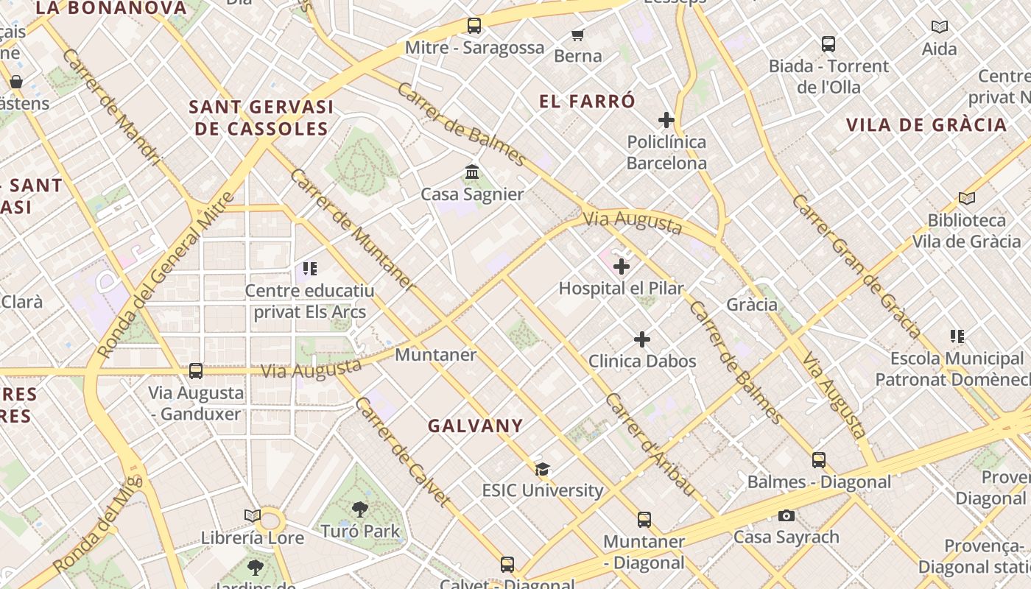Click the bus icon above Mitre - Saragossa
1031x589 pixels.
(x=474, y=26)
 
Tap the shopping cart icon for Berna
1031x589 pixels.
(x=578, y=35)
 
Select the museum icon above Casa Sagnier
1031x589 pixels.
(x=472, y=172)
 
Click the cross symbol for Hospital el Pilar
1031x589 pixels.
(x=622, y=267)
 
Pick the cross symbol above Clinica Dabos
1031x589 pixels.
(x=642, y=339)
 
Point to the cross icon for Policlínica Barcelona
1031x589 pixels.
(x=666, y=120)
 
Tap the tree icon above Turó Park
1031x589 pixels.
(x=360, y=509)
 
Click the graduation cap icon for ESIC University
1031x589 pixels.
(x=543, y=469)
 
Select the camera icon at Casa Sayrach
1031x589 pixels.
(x=787, y=515)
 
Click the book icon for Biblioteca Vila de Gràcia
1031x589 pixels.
(x=967, y=198)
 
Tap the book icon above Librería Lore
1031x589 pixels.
(x=253, y=516)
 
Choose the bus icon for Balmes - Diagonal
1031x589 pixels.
(x=819, y=460)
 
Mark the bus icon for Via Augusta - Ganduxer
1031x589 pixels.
(x=196, y=371)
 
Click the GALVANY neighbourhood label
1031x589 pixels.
(x=476, y=426)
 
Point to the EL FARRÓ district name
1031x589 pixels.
(x=587, y=102)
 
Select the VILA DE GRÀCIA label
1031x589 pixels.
(x=926, y=124)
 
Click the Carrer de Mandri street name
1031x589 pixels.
(x=111, y=106)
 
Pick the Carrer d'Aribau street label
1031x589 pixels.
(x=650, y=445)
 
